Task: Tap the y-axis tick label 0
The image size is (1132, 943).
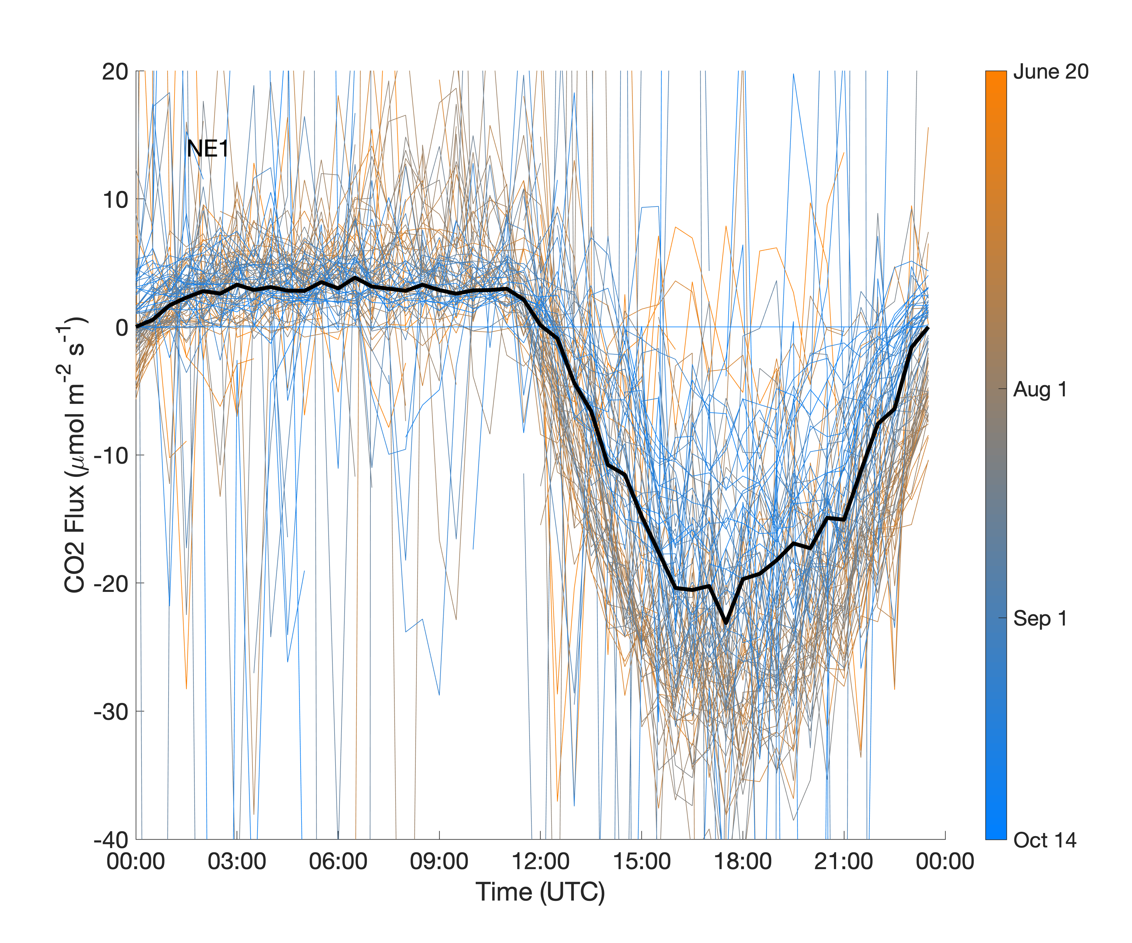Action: click(121, 328)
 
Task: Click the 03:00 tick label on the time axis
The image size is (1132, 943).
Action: click(237, 861)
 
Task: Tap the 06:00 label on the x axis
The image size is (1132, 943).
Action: click(338, 861)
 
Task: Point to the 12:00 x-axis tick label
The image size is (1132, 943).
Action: click(540, 861)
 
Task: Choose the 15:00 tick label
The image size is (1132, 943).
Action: click(641, 861)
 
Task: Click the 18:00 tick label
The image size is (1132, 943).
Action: click(743, 861)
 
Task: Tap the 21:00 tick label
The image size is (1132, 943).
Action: click(844, 861)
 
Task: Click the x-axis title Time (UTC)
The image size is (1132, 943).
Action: click(540, 892)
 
